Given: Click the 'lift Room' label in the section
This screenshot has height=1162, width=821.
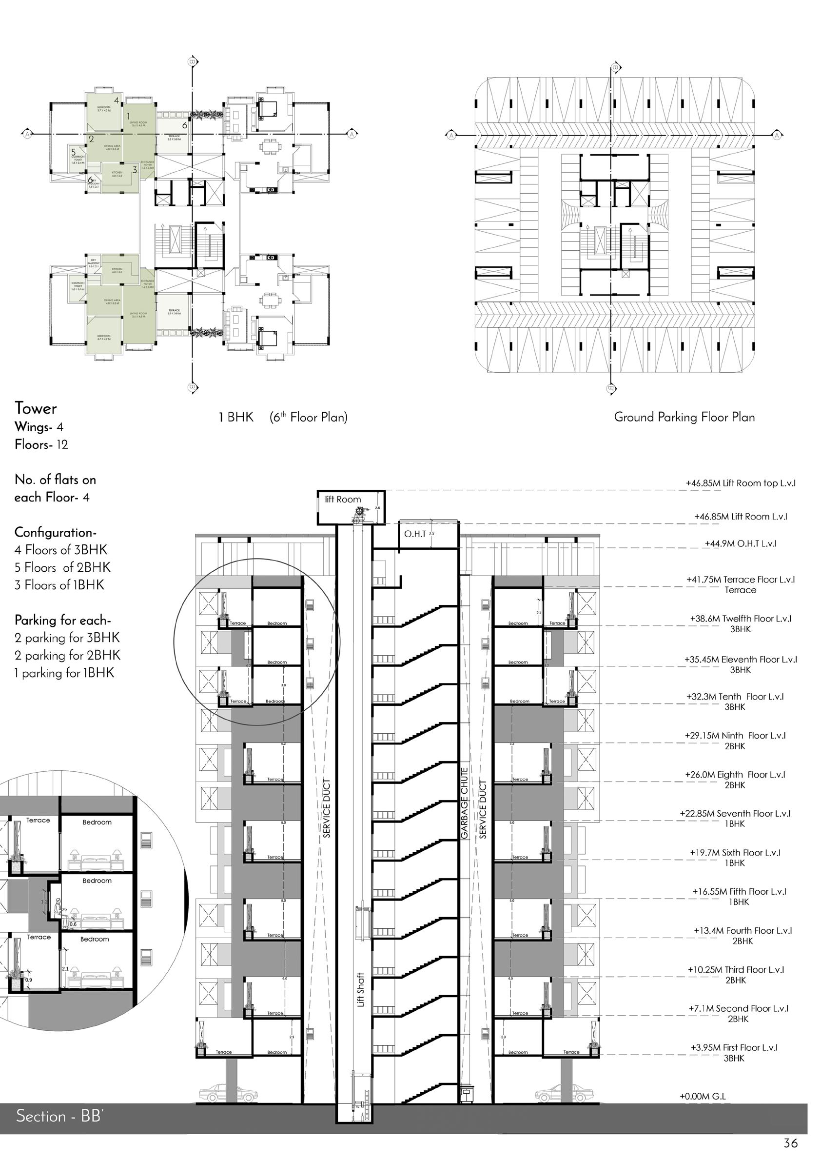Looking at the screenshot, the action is click(342, 499).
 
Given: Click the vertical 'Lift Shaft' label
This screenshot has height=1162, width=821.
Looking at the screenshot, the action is click(361, 989).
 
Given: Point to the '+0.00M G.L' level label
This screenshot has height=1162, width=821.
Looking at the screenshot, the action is click(703, 1096).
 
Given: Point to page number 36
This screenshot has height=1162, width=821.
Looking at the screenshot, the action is click(791, 1143).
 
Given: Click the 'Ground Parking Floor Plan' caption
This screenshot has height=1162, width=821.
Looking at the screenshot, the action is click(684, 417).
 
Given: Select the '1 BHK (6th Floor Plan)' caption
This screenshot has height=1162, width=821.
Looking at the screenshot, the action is click(283, 418).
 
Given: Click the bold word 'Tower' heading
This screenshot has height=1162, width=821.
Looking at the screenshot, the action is click(36, 408).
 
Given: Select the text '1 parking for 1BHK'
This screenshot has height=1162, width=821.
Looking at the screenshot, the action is click(64, 673).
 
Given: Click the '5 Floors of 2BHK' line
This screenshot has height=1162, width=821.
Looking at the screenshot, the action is click(62, 567).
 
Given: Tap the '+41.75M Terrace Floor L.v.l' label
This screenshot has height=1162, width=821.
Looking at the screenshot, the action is click(740, 580).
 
